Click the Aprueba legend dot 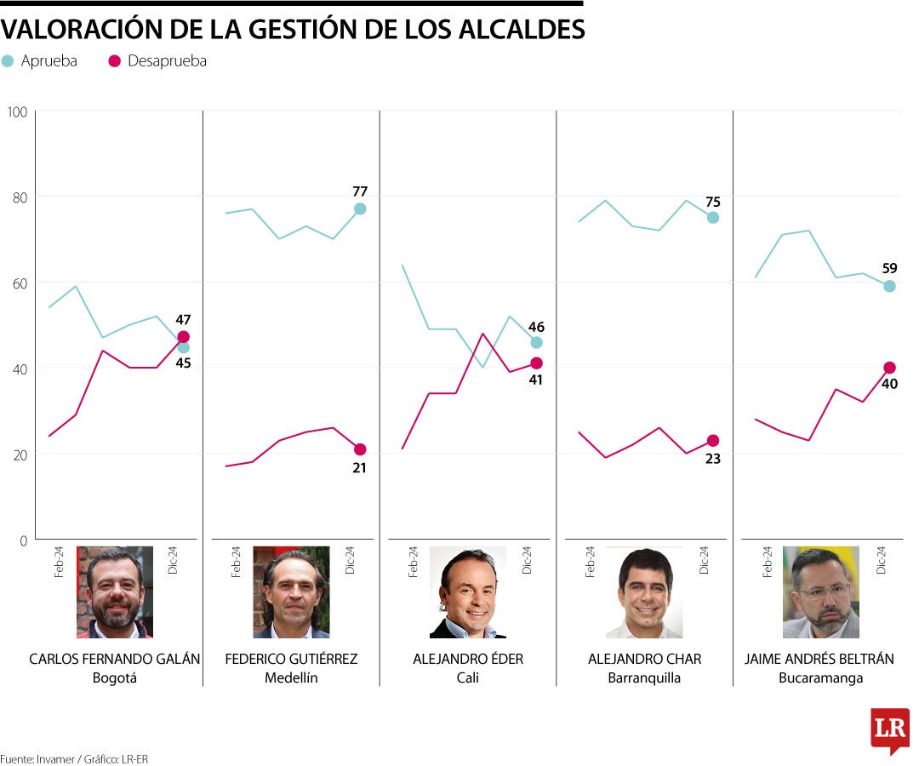pos(8,61)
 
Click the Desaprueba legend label pos(167,61)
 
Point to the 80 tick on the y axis pos(17,197)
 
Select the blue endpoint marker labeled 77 pos(360,209)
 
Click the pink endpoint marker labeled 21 pos(360,449)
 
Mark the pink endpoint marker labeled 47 pos(183,337)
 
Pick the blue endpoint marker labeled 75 pos(713,217)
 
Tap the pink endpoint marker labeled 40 pos(889,368)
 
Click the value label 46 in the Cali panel pos(536,327)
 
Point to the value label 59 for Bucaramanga pos(889,268)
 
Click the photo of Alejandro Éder pos(468,592)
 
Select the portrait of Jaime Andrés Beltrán pos(821,592)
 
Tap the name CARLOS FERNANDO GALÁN pos(115,659)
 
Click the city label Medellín pos(291,678)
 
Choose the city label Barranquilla pos(644,678)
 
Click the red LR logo pos(890,729)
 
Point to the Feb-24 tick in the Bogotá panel pos(59,562)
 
